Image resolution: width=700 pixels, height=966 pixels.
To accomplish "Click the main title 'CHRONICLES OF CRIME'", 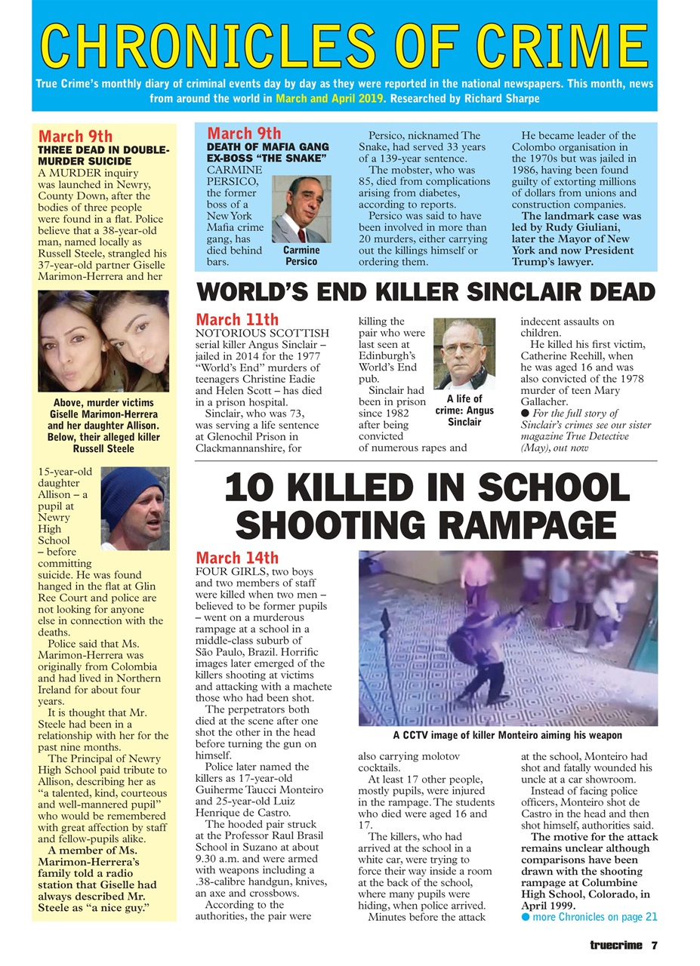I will click(344, 45).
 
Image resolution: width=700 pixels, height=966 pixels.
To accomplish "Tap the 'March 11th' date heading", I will click(237, 320).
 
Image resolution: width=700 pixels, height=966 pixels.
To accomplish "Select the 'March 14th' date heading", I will click(237, 558).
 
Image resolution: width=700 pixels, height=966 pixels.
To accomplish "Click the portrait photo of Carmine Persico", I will click(301, 209).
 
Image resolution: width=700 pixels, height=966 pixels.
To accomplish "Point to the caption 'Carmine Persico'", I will click(301, 256).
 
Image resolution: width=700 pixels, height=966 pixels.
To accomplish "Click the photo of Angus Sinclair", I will click(464, 353).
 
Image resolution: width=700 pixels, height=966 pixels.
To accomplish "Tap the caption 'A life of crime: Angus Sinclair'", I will click(464, 411).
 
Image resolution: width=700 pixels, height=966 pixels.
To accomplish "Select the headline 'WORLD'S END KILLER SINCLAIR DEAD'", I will click(425, 292).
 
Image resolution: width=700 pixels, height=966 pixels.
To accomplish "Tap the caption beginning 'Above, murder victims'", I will click(103, 426).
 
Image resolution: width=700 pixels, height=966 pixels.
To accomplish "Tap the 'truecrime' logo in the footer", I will click(617, 944).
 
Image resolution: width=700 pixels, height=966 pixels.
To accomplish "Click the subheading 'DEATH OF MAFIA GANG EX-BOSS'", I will click(267, 152).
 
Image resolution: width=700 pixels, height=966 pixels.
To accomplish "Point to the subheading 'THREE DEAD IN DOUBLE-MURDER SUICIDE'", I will click(103, 155).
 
